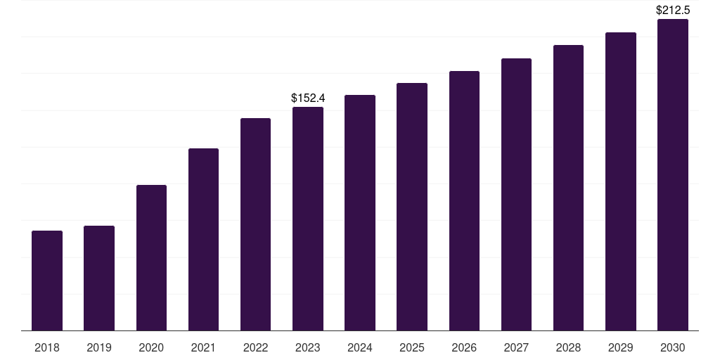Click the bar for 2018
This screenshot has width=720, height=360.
tap(47, 281)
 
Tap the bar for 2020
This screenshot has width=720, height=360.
tap(151, 257)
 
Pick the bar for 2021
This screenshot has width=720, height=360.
tap(203, 239)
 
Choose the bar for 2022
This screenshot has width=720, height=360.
tap(255, 224)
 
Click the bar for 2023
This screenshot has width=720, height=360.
tap(308, 219)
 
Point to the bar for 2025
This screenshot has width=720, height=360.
tap(412, 207)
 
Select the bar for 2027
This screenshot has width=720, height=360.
tap(516, 194)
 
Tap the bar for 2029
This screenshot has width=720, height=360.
tap(621, 181)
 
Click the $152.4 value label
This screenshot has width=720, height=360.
tap(308, 98)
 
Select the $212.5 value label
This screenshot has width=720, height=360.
tap(673, 11)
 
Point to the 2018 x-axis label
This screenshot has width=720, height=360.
tap(47, 347)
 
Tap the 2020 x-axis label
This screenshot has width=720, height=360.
tap(151, 347)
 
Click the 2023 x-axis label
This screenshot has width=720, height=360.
tap(308, 347)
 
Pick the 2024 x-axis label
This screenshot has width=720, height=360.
tap(360, 347)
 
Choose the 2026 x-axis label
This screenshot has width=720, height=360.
tap(464, 347)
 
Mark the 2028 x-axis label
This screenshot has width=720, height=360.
tap(568, 347)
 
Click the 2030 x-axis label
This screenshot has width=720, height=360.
tap(673, 347)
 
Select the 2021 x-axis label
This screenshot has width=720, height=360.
tap(203, 347)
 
